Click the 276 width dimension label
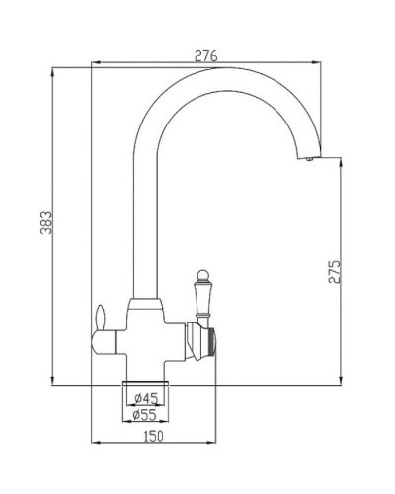[x=205, y=56]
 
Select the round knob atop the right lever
[x=205, y=274]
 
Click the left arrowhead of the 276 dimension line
[x=93, y=67]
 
